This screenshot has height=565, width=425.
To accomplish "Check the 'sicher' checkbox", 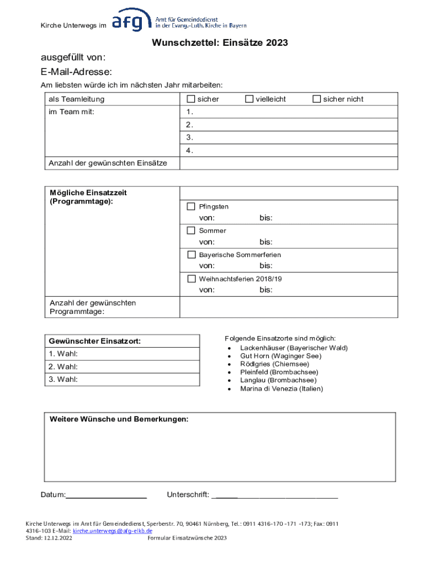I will [191, 99].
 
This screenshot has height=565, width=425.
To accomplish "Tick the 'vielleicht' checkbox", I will [249, 99].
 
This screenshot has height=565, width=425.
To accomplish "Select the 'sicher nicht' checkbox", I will [317, 99].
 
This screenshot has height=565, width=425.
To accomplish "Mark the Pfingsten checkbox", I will [191, 206].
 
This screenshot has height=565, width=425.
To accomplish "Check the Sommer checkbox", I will [191, 230].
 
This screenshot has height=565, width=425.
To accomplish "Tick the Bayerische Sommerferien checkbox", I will [191, 254].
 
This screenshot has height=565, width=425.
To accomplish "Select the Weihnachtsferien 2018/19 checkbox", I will [191, 279].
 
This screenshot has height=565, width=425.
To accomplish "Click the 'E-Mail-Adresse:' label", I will [76, 72].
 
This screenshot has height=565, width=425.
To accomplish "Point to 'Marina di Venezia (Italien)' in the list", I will [281, 388].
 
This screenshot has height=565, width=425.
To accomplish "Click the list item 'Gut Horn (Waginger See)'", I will [280, 356].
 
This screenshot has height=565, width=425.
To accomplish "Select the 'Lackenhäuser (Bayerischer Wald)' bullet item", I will [294, 348].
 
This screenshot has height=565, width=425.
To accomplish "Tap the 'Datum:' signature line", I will [107, 495].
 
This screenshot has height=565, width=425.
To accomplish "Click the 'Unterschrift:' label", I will [188, 495].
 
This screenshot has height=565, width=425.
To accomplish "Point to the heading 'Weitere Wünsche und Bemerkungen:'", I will [119, 419].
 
